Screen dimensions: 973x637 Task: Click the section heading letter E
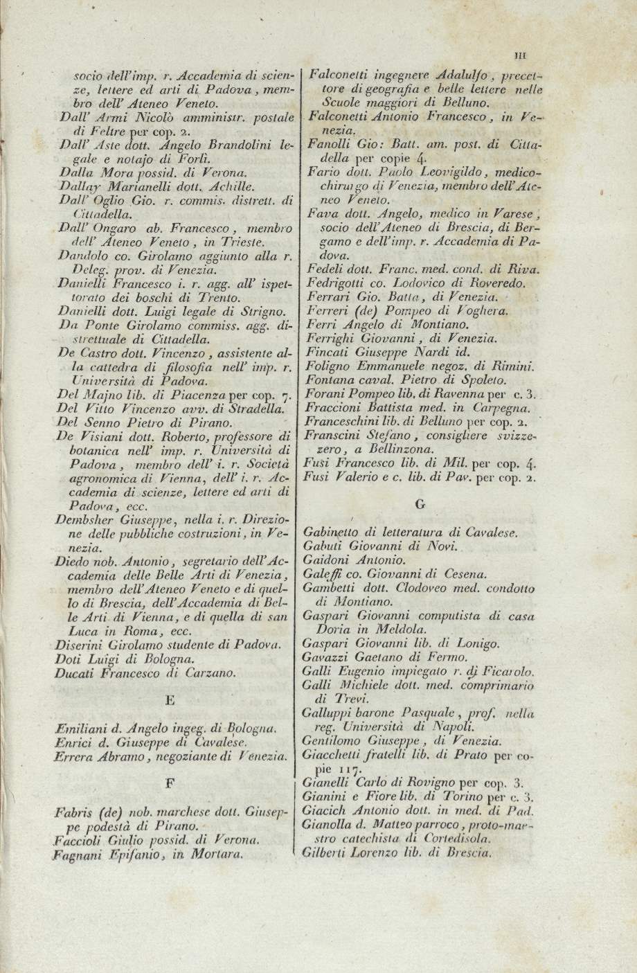click(170, 700)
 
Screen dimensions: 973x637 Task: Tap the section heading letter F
click(170, 784)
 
